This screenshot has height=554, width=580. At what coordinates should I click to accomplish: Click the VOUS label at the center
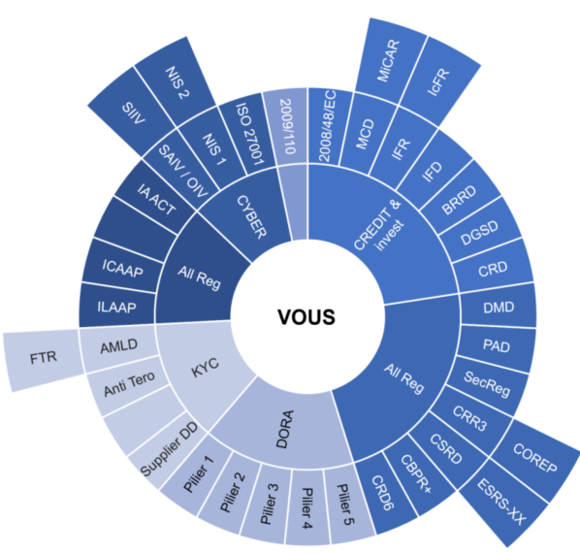pos(306,317)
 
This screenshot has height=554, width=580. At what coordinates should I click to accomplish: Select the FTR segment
pos(45,360)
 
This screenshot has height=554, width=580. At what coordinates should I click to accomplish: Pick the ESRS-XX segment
pos(501,502)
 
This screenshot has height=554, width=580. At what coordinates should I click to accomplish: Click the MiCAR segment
pos(390,61)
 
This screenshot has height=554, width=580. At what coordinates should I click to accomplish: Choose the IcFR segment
pos(439,82)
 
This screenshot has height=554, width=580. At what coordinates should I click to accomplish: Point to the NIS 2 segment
pos(176,82)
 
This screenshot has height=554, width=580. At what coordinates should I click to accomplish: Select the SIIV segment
pos(133,113)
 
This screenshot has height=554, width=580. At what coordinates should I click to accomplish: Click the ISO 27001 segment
pos(249,134)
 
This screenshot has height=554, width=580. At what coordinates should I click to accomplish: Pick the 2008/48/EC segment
pos(328,126)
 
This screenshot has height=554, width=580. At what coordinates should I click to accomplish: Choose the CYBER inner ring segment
pos(251,216)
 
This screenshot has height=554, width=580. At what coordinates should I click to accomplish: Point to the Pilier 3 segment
pos(269,505)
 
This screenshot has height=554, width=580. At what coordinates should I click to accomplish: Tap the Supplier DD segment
pos(170,449)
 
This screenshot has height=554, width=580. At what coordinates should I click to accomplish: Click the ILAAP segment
pos(117,307)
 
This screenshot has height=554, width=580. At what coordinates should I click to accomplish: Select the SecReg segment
pos(488,384)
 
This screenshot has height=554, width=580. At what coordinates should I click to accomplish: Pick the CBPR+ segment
pos(416,473)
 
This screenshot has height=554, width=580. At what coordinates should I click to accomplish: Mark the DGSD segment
pos(480,232)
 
